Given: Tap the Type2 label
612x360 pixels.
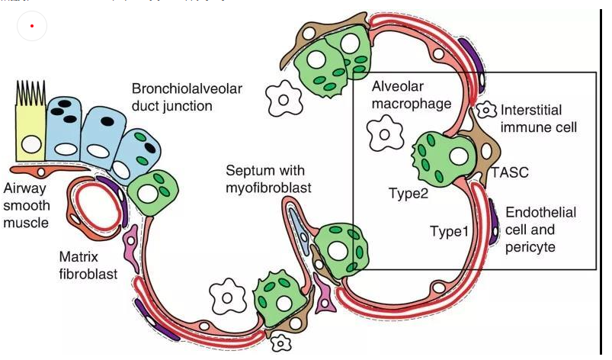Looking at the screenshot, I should pos(408,194).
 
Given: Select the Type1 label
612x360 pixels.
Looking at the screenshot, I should pos(450,230).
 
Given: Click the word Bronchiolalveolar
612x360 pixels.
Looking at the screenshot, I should pos(187,88).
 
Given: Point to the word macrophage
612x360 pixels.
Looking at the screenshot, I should pos(412,103).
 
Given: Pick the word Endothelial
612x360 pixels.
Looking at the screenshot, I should pos(541,212).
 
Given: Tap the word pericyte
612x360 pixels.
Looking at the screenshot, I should pos(530,247).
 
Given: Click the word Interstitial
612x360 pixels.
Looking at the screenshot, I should pos(538,110).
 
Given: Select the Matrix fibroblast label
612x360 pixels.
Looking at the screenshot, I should pos(88,264).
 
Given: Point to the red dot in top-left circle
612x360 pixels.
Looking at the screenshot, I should pos(31,26).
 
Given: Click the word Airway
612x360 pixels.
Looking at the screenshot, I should pos(24,188).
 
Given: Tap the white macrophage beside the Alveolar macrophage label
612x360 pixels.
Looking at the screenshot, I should pos(385,135).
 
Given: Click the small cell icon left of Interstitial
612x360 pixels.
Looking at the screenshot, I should pos(485,111).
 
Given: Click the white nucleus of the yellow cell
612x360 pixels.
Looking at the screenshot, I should pos(31,143).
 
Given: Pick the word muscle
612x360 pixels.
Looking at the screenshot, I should pos(26,223).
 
